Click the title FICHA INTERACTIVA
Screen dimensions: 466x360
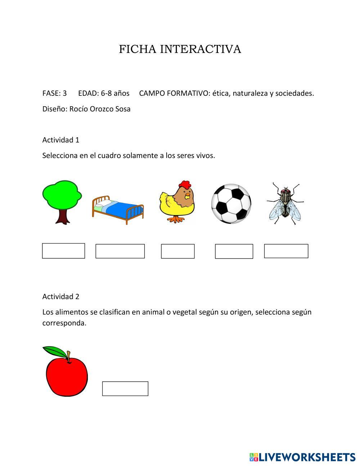[x=180, y=49]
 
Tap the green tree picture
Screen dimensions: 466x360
[x=62, y=196]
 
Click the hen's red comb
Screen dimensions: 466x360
[x=185, y=184]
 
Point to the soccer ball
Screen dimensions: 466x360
[x=231, y=204]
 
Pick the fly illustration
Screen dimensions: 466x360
[x=285, y=203]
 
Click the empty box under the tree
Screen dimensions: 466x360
[x=63, y=251]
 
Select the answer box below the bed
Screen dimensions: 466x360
[x=120, y=251]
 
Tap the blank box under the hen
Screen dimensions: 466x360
[x=177, y=251]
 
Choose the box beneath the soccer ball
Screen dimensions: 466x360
[x=234, y=251]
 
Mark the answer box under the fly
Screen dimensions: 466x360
[x=286, y=251]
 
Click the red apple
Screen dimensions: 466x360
[x=67, y=376]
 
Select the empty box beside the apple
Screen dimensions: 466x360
[x=125, y=389]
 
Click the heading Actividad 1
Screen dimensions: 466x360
[x=61, y=140]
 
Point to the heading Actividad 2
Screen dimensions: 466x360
[x=61, y=296]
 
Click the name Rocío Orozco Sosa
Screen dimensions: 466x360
[x=100, y=109]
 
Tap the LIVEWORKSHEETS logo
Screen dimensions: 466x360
[x=302, y=457]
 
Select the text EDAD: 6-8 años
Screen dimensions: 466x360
[x=104, y=93]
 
